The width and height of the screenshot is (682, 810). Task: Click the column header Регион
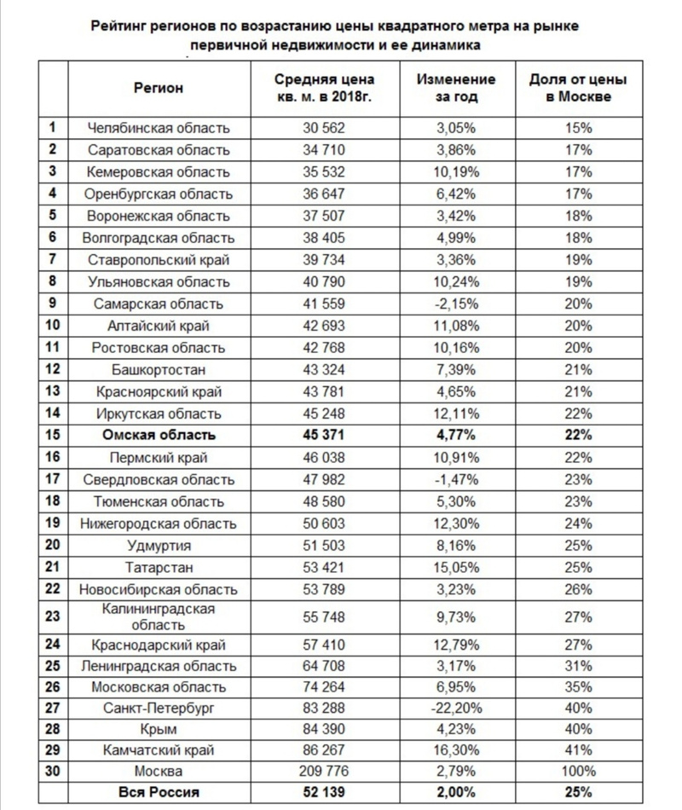(159, 88)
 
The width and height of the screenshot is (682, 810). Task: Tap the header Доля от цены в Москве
(577, 88)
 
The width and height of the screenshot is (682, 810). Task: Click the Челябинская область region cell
(159, 128)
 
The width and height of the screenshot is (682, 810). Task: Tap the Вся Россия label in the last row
(159, 793)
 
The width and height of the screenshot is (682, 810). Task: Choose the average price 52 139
(325, 793)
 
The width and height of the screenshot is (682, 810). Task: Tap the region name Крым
(159, 730)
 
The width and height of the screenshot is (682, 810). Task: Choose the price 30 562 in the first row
(325, 128)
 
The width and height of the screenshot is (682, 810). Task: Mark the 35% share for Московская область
(577, 686)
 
